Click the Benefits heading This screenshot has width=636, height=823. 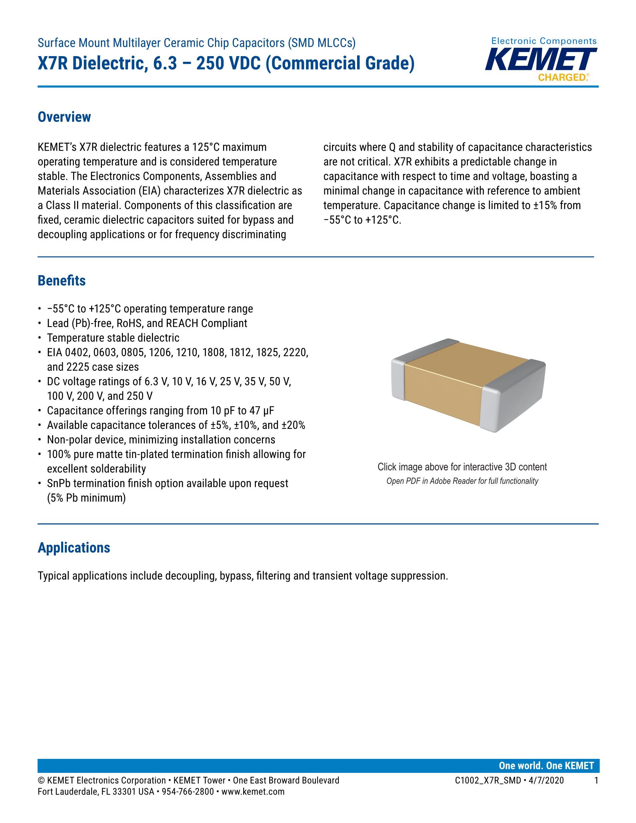click(61, 281)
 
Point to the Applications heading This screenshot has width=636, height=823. click(74, 547)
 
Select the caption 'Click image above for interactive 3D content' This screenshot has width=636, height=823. click(462, 467)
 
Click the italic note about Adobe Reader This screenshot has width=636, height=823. click(462, 481)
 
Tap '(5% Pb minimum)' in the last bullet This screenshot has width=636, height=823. click(86, 498)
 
